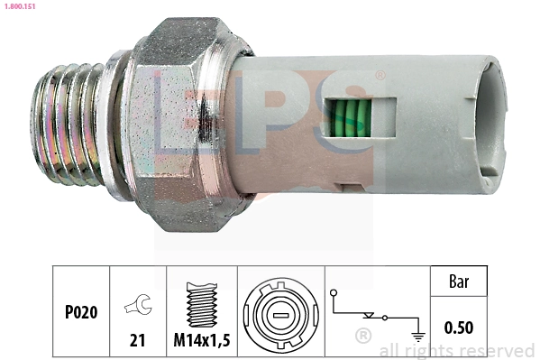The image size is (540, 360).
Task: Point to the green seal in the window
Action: pos(349,116)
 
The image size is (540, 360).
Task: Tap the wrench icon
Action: pos(138,307)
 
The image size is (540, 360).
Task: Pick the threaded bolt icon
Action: pos(201,304)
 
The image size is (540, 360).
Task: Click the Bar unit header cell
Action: pos(460,282)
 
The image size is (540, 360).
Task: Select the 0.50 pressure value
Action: pos(460,328)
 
